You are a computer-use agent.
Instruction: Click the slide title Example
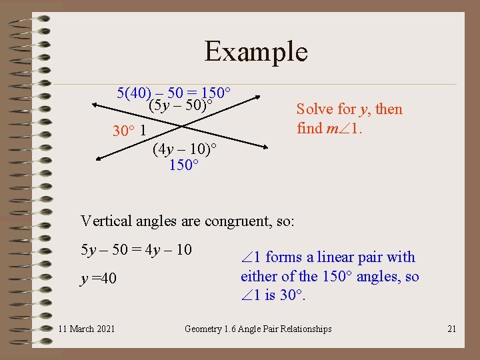point(256,51)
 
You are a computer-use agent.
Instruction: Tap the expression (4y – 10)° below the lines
point(184,149)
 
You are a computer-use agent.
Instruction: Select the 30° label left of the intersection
point(124,131)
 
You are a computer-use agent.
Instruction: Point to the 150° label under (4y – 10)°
point(183,164)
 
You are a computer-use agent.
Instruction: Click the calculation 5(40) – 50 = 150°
point(173,92)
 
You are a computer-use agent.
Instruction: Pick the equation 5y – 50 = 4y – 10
point(136,250)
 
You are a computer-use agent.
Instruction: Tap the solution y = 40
point(99,278)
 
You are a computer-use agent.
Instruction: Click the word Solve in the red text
point(314,109)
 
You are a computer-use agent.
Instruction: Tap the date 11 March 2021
point(86,329)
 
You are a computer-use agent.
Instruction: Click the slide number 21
point(451,329)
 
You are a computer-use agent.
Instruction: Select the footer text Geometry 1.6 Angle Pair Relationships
point(258,329)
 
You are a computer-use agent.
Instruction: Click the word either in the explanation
point(259,276)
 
